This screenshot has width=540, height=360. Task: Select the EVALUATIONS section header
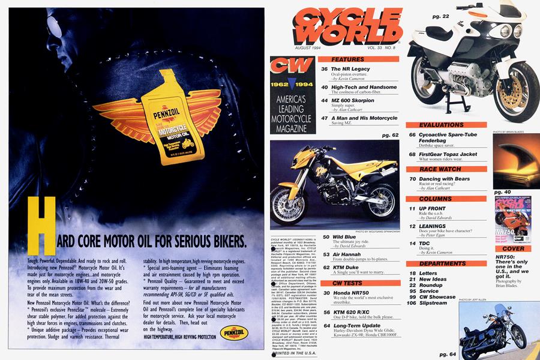point(446,125)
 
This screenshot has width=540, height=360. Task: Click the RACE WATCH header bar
point(446,169)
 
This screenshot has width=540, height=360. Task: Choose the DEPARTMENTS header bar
point(446,263)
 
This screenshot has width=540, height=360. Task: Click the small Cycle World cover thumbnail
point(512,219)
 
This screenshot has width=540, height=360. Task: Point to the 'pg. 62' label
point(389,136)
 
